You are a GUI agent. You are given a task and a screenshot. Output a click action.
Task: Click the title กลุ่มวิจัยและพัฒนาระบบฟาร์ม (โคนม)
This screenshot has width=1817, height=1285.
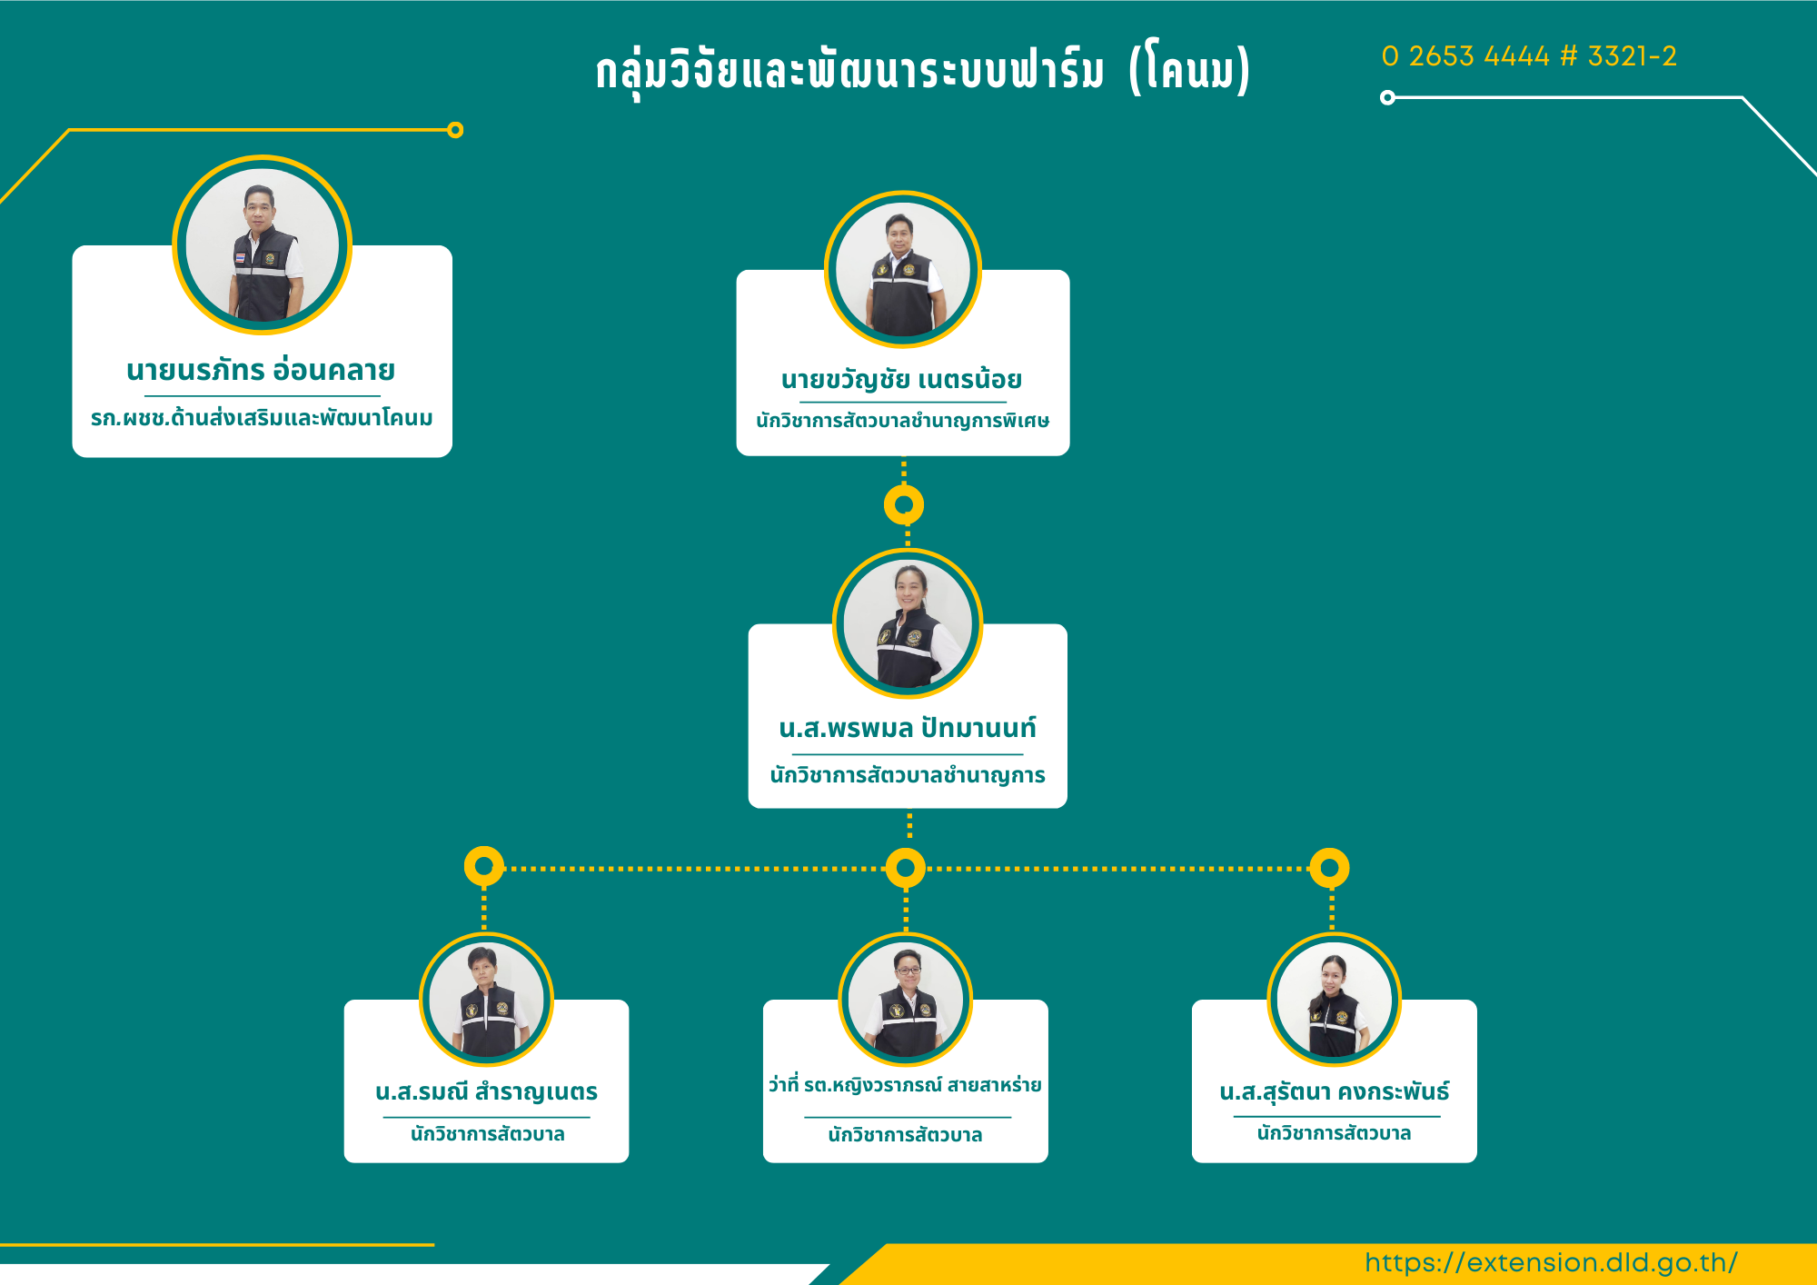923,69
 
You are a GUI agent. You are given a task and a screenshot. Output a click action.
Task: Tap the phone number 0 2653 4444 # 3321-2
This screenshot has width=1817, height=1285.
1529,56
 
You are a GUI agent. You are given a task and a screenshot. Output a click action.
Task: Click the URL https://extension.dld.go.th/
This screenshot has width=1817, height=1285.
1551,1262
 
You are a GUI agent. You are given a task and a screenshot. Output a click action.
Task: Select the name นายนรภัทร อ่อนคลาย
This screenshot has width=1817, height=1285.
261,369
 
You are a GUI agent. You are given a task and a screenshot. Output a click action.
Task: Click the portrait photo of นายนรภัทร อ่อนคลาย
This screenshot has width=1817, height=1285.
263,244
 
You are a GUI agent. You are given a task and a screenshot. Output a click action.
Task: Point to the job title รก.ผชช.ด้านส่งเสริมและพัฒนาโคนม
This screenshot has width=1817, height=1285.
262,418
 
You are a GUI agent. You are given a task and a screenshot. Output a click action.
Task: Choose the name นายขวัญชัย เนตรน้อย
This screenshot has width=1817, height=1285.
902,379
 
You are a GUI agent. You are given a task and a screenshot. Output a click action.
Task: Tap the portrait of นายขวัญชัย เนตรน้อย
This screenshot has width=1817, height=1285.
903,269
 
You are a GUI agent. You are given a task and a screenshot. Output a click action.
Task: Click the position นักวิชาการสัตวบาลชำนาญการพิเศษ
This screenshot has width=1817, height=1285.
903,421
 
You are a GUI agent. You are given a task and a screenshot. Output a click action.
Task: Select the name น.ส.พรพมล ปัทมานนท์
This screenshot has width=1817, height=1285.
908,727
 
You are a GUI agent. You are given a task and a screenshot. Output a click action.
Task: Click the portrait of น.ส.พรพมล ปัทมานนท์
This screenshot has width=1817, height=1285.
908,623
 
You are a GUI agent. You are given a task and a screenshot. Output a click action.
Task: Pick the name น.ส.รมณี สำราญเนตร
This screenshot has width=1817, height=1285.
487,1091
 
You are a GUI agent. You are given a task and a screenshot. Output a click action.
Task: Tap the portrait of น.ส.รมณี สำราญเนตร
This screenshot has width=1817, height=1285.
486,1000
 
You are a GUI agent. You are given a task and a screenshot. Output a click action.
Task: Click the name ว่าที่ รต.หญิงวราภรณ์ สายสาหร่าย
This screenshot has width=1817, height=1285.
905,1085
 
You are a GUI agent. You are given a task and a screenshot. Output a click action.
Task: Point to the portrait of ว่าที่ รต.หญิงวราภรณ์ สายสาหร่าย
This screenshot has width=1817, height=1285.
906,1000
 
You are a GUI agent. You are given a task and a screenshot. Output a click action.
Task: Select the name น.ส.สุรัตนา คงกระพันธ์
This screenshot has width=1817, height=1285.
1335,1091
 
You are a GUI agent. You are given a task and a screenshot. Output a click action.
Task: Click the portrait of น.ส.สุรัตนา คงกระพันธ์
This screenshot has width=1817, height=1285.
1335,1000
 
